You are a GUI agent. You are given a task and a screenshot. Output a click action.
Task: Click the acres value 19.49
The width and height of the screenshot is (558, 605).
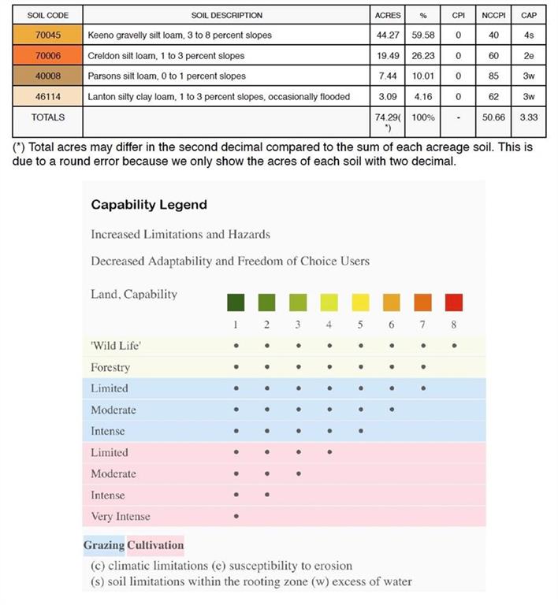(388, 56)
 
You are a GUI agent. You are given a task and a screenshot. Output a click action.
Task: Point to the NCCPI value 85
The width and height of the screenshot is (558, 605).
(493, 76)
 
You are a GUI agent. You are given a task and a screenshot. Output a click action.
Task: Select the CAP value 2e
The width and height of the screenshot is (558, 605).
(529, 56)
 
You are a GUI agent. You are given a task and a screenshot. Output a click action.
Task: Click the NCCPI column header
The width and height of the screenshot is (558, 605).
(493, 15)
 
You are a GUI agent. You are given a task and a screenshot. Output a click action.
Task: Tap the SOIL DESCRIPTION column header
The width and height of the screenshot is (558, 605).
(226, 15)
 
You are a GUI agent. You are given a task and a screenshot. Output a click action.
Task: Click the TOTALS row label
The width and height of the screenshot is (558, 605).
(47, 117)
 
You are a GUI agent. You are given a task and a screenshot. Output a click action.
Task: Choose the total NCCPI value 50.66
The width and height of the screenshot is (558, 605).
(493, 117)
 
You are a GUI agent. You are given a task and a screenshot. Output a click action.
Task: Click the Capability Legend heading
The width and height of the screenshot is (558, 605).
(149, 205)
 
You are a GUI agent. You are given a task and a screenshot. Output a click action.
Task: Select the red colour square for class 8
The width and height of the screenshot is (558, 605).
(454, 302)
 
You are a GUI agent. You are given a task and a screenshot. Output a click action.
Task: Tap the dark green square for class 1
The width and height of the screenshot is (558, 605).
(236, 302)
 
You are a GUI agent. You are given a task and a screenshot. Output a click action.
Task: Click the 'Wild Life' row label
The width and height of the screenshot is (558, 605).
(116, 345)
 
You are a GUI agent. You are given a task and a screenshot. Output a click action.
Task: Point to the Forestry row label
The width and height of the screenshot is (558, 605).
(110, 367)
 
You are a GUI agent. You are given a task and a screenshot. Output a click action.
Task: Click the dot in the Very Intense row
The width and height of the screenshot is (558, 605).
(236, 517)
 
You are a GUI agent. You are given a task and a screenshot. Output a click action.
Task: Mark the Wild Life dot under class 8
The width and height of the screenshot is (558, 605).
(454, 345)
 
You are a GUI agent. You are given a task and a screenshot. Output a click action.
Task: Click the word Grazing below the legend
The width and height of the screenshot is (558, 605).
(104, 544)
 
